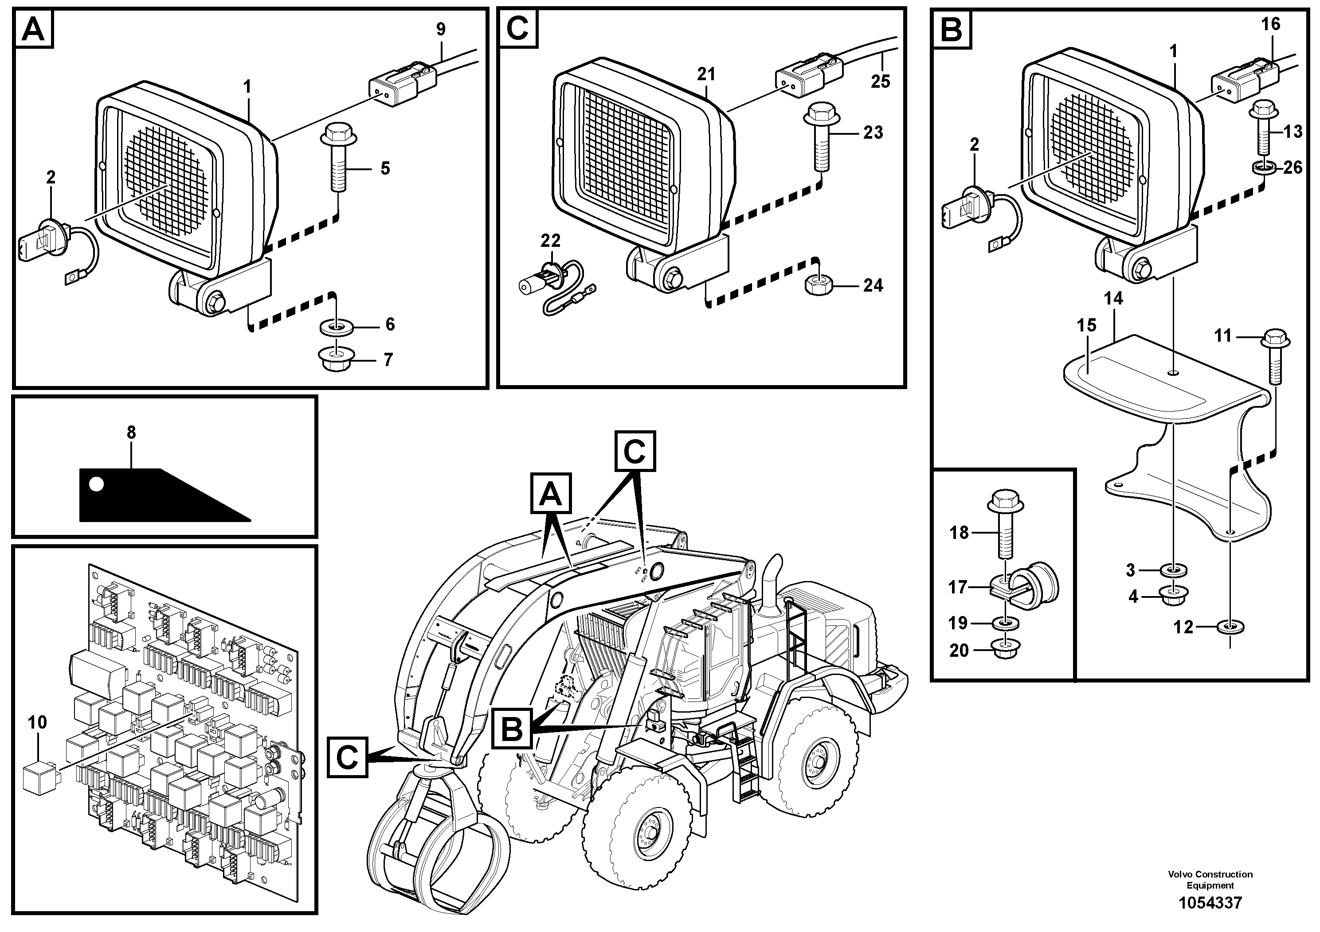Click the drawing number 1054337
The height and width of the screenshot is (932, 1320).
click(1210, 903)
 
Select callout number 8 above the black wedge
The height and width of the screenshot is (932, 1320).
click(131, 432)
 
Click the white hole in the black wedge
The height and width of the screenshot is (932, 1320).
click(97, 484)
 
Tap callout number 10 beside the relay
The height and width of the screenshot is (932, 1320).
click(37, 722)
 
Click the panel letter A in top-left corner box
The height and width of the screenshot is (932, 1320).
click(33, 29)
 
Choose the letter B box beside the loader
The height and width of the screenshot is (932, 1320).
click(512, 729)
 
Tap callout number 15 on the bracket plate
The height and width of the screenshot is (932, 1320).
click(1086, 325)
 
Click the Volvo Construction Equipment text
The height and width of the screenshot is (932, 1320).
click(1210, 879)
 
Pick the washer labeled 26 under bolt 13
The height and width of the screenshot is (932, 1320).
click(1263, 167)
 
